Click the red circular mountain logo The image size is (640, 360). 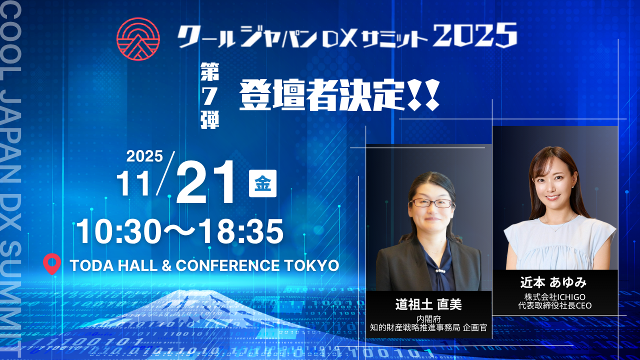pyautogui.click(x=137, y=39)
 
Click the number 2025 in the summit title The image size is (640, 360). pyautogui.click(x=475, y=36)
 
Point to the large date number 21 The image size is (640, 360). pyautogui.click(x=206, y=183)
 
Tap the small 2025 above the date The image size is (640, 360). pyautogui.click(x=144, y=156)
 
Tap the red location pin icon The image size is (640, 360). pyautogui.click(x=52, y=264)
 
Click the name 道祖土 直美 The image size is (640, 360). pyautogui.click(x=428, y=304)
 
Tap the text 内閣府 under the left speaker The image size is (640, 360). pyautogui.click(x=428, y=318)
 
